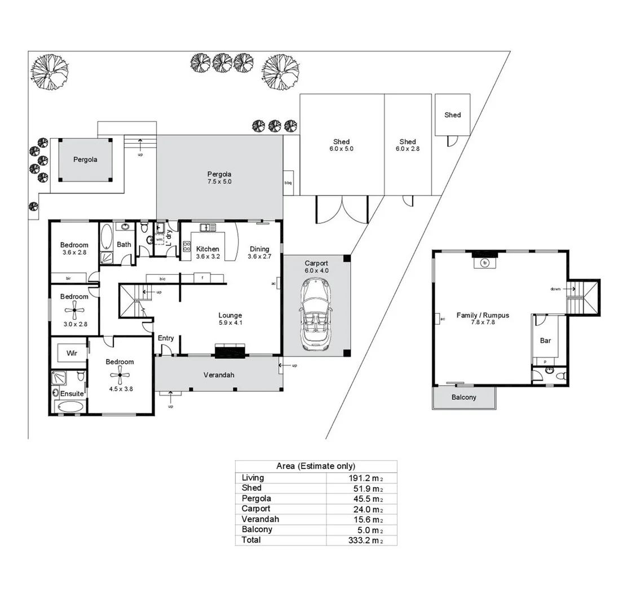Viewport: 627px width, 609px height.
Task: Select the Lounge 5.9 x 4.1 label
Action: (x=230, y=319)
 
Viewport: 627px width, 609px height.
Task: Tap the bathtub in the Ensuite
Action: (x=70, y=406)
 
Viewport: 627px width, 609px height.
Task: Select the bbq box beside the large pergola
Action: (x=288, y=183)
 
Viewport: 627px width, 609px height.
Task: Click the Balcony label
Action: (x=463, y=397)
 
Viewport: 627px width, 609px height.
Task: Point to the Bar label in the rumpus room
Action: (x=545, y=341)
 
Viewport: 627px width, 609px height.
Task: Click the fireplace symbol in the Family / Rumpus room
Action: (x=485, y=262)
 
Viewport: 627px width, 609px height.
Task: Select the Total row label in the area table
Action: (x=251, y=540)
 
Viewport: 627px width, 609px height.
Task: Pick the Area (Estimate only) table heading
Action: (x=316, y=466)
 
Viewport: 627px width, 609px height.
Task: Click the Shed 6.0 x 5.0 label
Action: (x=341, y=145)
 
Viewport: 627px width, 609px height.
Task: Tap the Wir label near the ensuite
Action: (x=72, y=353)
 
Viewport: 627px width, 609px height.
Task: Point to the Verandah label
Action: (x=219, y=375)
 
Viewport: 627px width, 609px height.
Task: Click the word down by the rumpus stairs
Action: (x=555, y=289)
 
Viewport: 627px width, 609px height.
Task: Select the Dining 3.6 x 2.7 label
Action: (x=259, y=253)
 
